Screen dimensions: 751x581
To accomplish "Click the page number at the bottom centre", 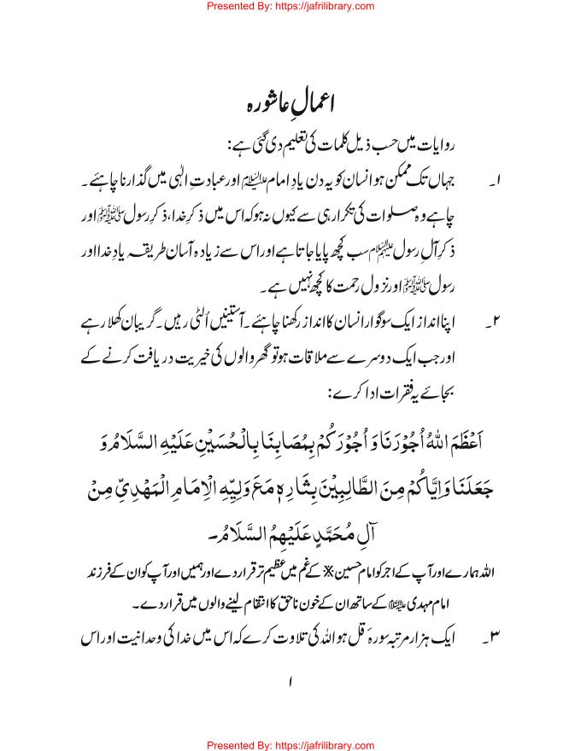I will [290, 683].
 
